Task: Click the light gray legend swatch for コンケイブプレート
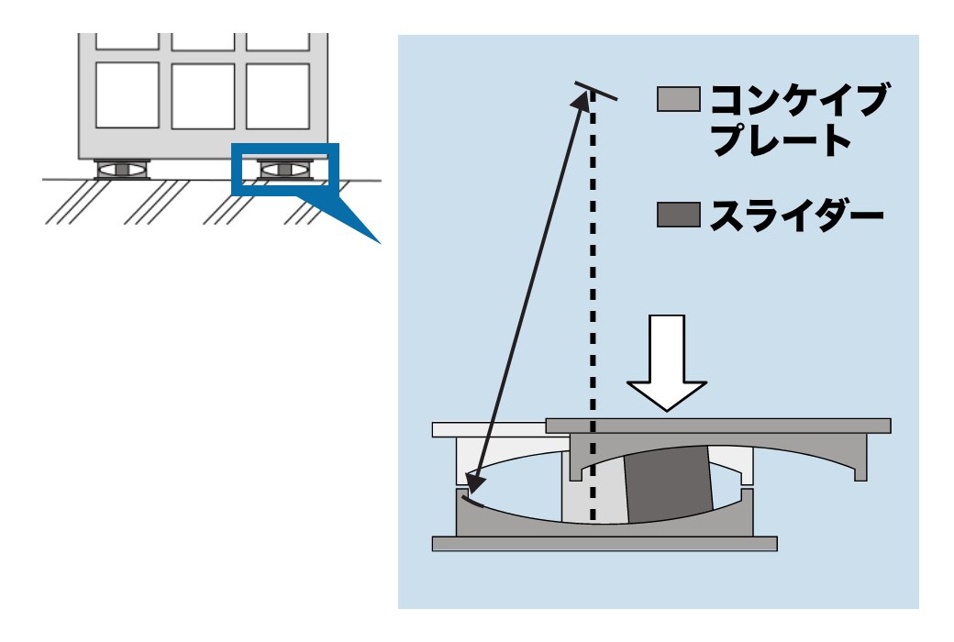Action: pos(679,99)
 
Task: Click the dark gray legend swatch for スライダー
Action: pos(679,216)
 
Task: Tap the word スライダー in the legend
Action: pos(795,216)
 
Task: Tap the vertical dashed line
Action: pos(593,275)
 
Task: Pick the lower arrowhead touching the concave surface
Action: pos(471,486)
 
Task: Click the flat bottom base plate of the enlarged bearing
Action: pos(605,544)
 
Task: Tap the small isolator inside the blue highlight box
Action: pos(285,170)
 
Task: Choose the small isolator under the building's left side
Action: pos(122,170)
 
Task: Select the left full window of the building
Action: pos(128,96)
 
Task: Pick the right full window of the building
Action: pos(277,96)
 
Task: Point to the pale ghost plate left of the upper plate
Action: pos(486,429)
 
